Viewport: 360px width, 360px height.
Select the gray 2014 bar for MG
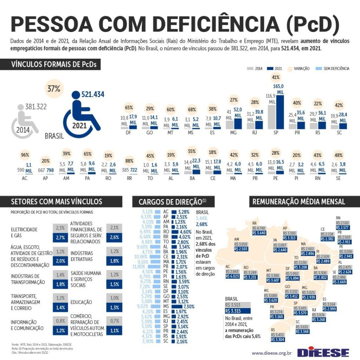229,124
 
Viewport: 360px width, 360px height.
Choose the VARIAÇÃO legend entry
299,69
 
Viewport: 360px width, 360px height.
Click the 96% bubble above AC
25,155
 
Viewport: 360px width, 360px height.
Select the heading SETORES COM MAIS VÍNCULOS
57,201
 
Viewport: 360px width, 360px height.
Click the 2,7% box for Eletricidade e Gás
60,237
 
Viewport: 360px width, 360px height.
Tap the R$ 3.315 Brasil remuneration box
237,311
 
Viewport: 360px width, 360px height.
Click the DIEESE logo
323,352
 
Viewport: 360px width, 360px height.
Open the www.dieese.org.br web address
272,353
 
